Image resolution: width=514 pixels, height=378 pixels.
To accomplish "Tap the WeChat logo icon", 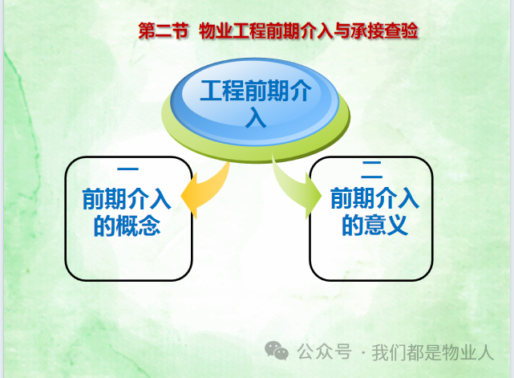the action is [x=277, y=351].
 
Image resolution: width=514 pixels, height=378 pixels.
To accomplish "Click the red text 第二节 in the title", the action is [x=164, y=30].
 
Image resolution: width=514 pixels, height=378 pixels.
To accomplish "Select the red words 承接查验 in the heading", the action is [x=384, y=30].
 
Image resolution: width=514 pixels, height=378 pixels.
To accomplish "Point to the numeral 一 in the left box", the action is [x=127, y=169].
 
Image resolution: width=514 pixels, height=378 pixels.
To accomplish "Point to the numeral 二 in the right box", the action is [x=372, y=170].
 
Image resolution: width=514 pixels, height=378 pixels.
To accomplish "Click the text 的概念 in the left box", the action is [x=127, y=226].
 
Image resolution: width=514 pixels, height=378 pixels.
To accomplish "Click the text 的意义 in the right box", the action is [x=375, y=225].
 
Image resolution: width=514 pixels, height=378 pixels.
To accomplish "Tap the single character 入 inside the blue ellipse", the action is [x=256, y=118].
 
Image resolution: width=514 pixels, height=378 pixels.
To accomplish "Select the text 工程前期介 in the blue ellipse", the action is [x=256, y=90].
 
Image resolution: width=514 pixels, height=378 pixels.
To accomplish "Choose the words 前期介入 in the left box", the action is [x=127, y=199].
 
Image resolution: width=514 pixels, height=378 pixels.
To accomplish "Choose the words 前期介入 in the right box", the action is [x=375, y=198].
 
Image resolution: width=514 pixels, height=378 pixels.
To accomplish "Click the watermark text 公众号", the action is [x=325, y=352].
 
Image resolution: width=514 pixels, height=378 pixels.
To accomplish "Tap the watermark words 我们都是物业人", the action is [x=433, y=352].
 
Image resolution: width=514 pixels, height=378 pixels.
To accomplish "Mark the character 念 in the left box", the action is [x=149, y=226].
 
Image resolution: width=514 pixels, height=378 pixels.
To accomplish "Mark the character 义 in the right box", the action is [x=398, y=225].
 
